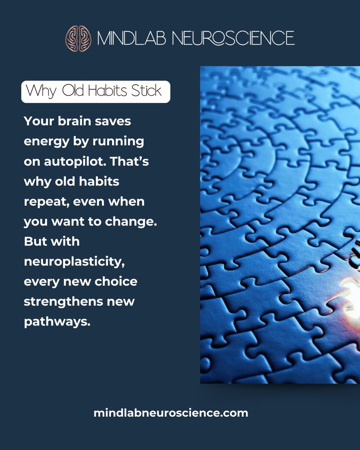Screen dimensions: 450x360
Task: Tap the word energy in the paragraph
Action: (x=45, y=141)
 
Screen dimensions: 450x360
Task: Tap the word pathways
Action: (x=57, y=322)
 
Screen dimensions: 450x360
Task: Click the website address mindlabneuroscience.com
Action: (x=171, y=413)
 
